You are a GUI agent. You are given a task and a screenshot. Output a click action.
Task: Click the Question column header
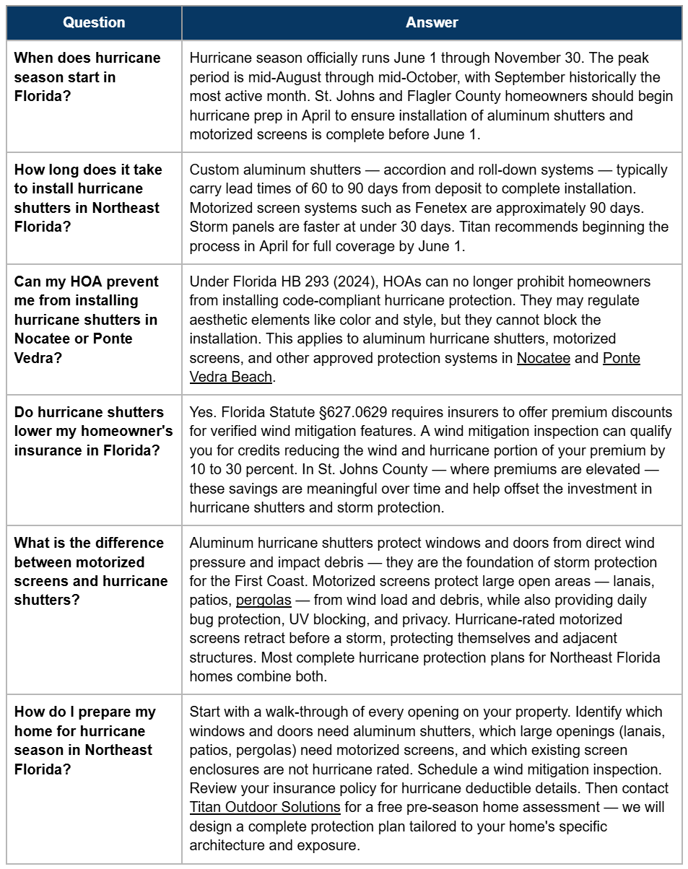(94, 22)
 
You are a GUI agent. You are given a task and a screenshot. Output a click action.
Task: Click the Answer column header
(432, 22)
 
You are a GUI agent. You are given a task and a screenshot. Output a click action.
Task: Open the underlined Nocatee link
(543, 358)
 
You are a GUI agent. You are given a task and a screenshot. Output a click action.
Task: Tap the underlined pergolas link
(264, 600)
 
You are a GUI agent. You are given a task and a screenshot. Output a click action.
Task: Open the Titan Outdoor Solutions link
(265, 807)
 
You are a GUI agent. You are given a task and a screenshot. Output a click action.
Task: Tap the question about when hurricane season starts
(87, 77)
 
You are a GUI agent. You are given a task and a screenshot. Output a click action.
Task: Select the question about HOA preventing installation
(86, 320)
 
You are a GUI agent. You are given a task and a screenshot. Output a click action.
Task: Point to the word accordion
(414, 170)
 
